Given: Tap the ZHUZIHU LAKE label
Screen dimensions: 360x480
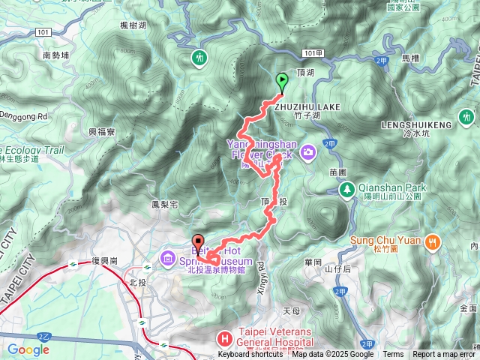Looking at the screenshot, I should [307, 107].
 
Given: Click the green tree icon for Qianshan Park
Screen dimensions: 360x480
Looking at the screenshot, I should [346, 188].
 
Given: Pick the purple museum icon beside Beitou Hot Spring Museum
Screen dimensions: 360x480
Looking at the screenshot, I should [166, 260].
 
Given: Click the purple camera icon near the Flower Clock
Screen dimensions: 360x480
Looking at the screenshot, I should [308, 153].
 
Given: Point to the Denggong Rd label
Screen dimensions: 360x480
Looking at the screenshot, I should [23, 117].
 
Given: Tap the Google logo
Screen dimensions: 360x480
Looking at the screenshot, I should [28, 349].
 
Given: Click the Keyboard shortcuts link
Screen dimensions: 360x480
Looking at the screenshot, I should [250, 355].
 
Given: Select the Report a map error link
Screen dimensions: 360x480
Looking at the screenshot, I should [443, 355].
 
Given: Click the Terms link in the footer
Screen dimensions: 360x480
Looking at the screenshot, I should [393, 355].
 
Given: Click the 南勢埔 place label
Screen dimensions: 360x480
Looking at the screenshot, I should [56, 55].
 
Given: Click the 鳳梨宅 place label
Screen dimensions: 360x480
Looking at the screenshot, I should [163, 203].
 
